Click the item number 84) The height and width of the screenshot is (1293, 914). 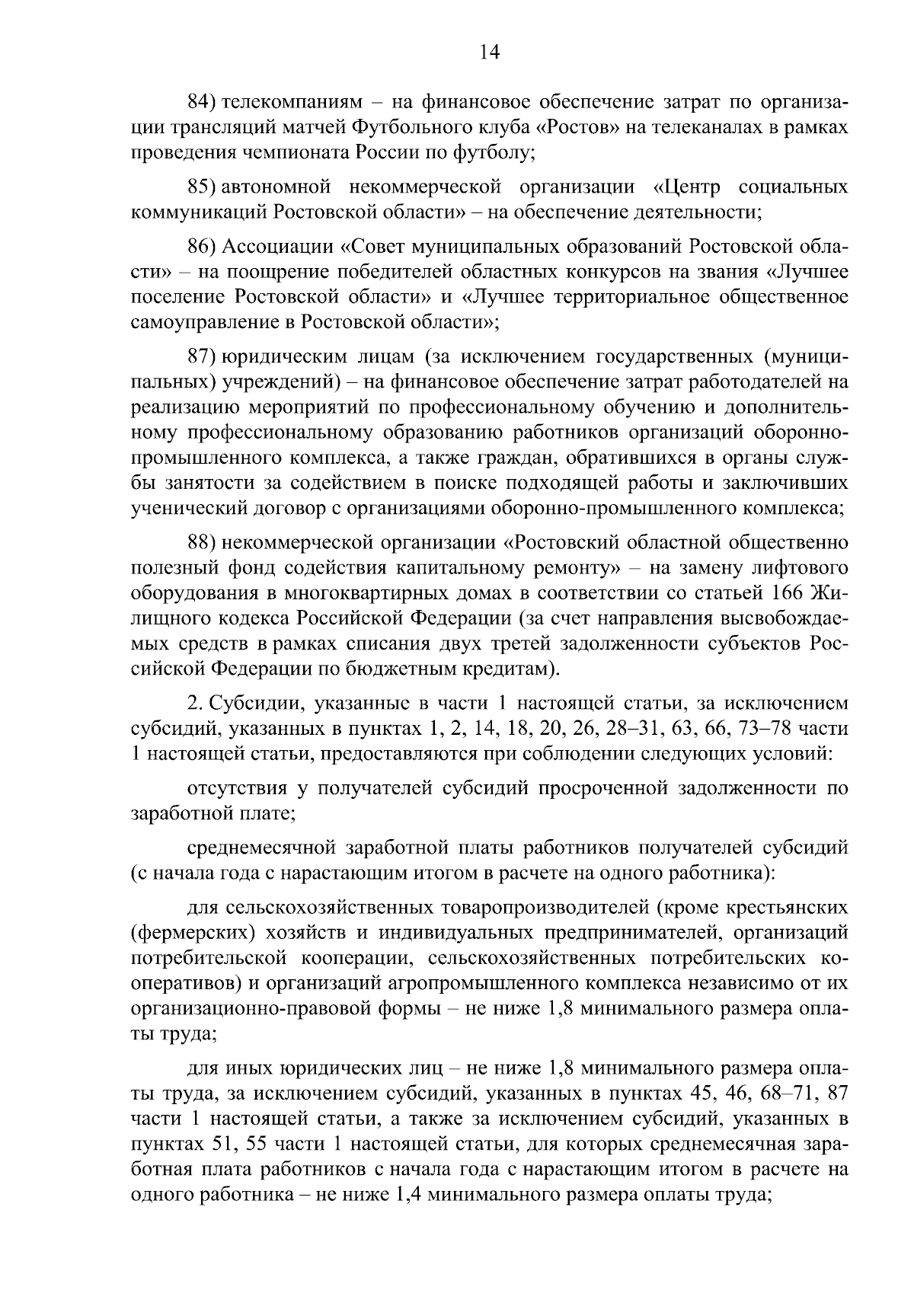click(x=203, y=101)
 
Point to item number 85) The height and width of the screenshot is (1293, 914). click(x=203, y=187)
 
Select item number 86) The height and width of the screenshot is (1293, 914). click(x=203, y=247)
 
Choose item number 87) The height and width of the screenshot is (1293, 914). click(x=203, y=356)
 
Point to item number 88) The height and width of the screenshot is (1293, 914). click(x=203, y=543)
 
